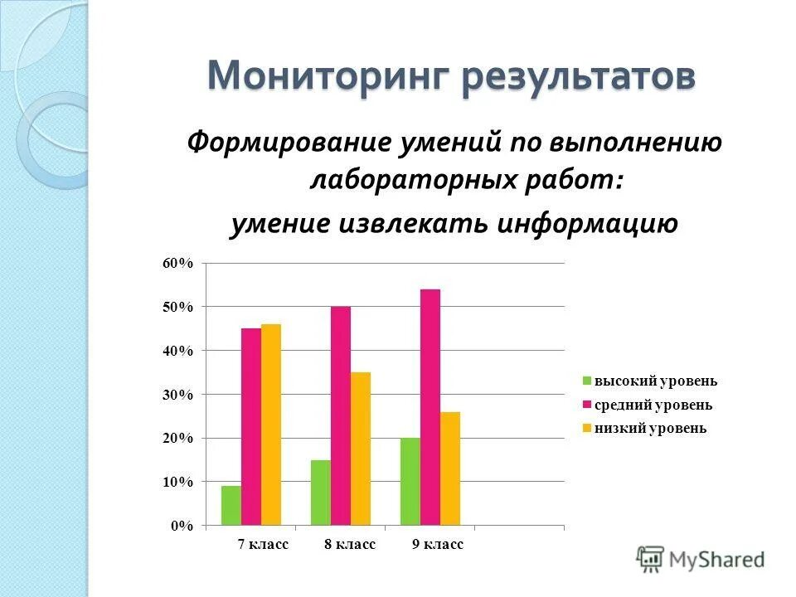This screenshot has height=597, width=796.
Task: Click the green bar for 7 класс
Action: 231,506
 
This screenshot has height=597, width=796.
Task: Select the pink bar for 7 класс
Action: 251,427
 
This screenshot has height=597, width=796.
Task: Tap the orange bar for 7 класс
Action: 271,425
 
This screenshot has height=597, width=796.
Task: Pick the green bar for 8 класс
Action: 321,493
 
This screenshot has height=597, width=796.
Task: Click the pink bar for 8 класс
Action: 341,416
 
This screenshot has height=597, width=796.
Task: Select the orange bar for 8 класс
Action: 361,449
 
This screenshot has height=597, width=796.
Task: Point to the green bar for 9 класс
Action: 410,482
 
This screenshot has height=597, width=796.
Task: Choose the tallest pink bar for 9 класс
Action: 430,407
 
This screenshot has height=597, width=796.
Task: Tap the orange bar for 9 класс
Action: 450,468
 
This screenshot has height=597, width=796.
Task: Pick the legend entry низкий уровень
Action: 650,428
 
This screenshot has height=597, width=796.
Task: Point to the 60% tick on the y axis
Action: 178,264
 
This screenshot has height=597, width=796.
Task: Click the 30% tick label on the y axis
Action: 178,395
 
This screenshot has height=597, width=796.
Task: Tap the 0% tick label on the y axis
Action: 182,526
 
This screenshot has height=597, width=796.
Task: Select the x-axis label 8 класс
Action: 349,545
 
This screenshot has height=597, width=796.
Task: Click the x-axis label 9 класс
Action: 437,545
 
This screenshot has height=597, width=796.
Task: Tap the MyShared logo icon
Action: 651,559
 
